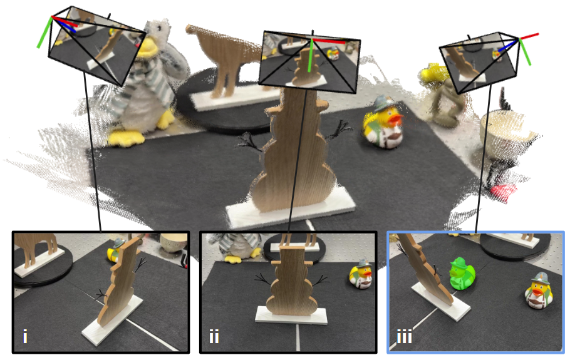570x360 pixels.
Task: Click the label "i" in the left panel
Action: click(25, 336)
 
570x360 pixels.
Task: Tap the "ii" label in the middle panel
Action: click(214, 336)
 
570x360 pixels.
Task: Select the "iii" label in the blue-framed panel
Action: click(404, 336)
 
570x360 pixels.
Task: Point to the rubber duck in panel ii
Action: click(361, 275)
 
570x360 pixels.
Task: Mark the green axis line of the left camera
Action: click(44, 33)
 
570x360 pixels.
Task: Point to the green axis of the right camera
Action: click(525, 52)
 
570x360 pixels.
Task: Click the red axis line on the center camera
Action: click(329, 41)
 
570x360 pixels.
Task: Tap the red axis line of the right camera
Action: click(529, 36)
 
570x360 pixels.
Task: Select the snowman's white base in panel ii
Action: click(291, 316)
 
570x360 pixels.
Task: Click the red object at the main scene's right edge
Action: click(504, 190)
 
